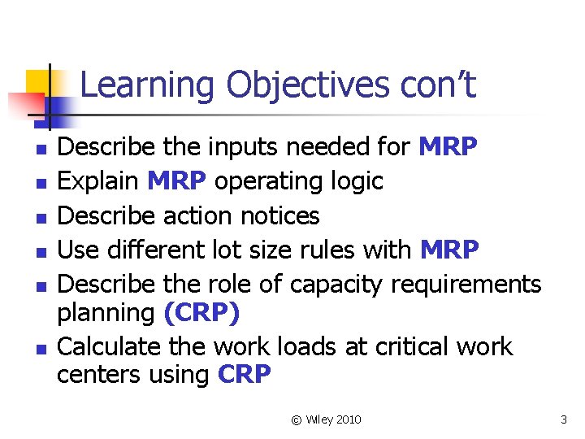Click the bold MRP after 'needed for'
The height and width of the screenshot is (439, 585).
(x=448, y=148)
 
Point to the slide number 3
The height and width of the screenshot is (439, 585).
(x=563, y=419)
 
